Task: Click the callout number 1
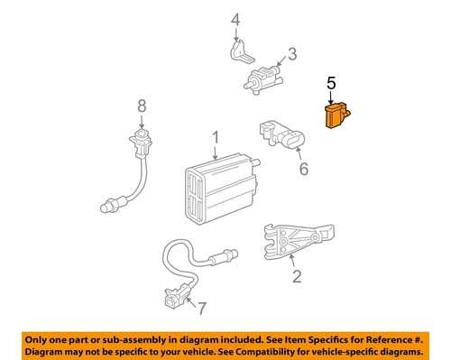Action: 216,138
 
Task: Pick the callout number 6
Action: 303,168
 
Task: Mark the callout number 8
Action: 141,107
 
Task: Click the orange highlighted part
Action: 336,118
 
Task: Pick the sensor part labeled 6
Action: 281,134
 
